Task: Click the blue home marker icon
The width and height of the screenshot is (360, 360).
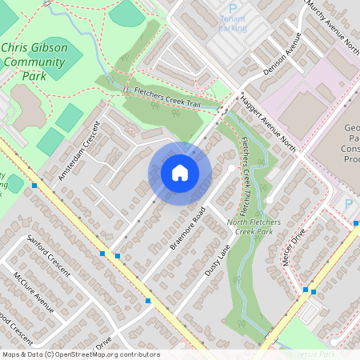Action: click(180, 172)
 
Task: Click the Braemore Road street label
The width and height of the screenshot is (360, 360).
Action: click(189, 229)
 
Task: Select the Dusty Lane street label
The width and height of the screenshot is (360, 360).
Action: click(216, 260)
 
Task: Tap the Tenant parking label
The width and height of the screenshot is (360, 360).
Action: click(233, 28)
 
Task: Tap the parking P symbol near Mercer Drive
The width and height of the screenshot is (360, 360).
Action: click(347, 204)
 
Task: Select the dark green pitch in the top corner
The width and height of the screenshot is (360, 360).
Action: click(128, 11)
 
